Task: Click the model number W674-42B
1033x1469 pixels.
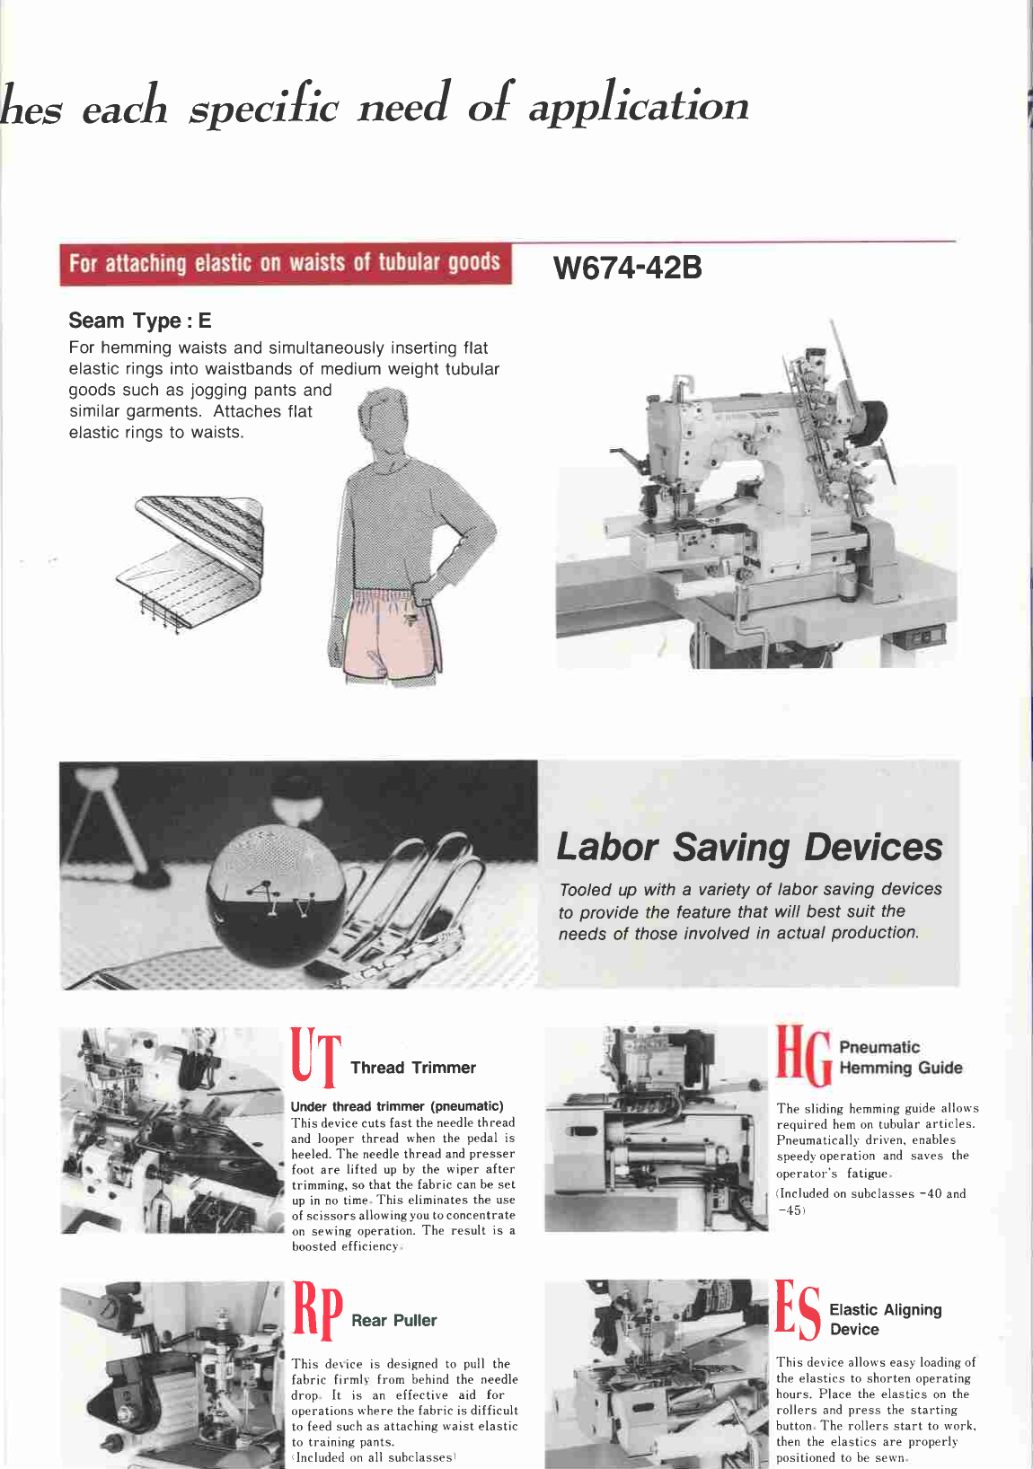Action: point(628,268)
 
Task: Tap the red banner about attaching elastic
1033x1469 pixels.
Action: point(285,264)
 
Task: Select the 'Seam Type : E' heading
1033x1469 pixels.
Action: point(140,321)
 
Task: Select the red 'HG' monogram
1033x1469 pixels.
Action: point(803,1056)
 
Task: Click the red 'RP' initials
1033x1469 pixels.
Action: point(317,1310)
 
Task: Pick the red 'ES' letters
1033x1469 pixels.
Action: point(798,1310)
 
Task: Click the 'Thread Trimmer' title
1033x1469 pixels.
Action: point(413,1068)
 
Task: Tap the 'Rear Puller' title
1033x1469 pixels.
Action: point(393,1321)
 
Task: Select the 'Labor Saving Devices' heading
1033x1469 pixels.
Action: point(749,847)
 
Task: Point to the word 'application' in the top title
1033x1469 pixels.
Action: point(638,106)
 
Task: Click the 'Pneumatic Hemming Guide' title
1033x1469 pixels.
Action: point(899,1058)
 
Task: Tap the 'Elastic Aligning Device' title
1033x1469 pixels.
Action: point(885,1320)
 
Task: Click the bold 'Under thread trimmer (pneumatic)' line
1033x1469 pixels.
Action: point(397,1106)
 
